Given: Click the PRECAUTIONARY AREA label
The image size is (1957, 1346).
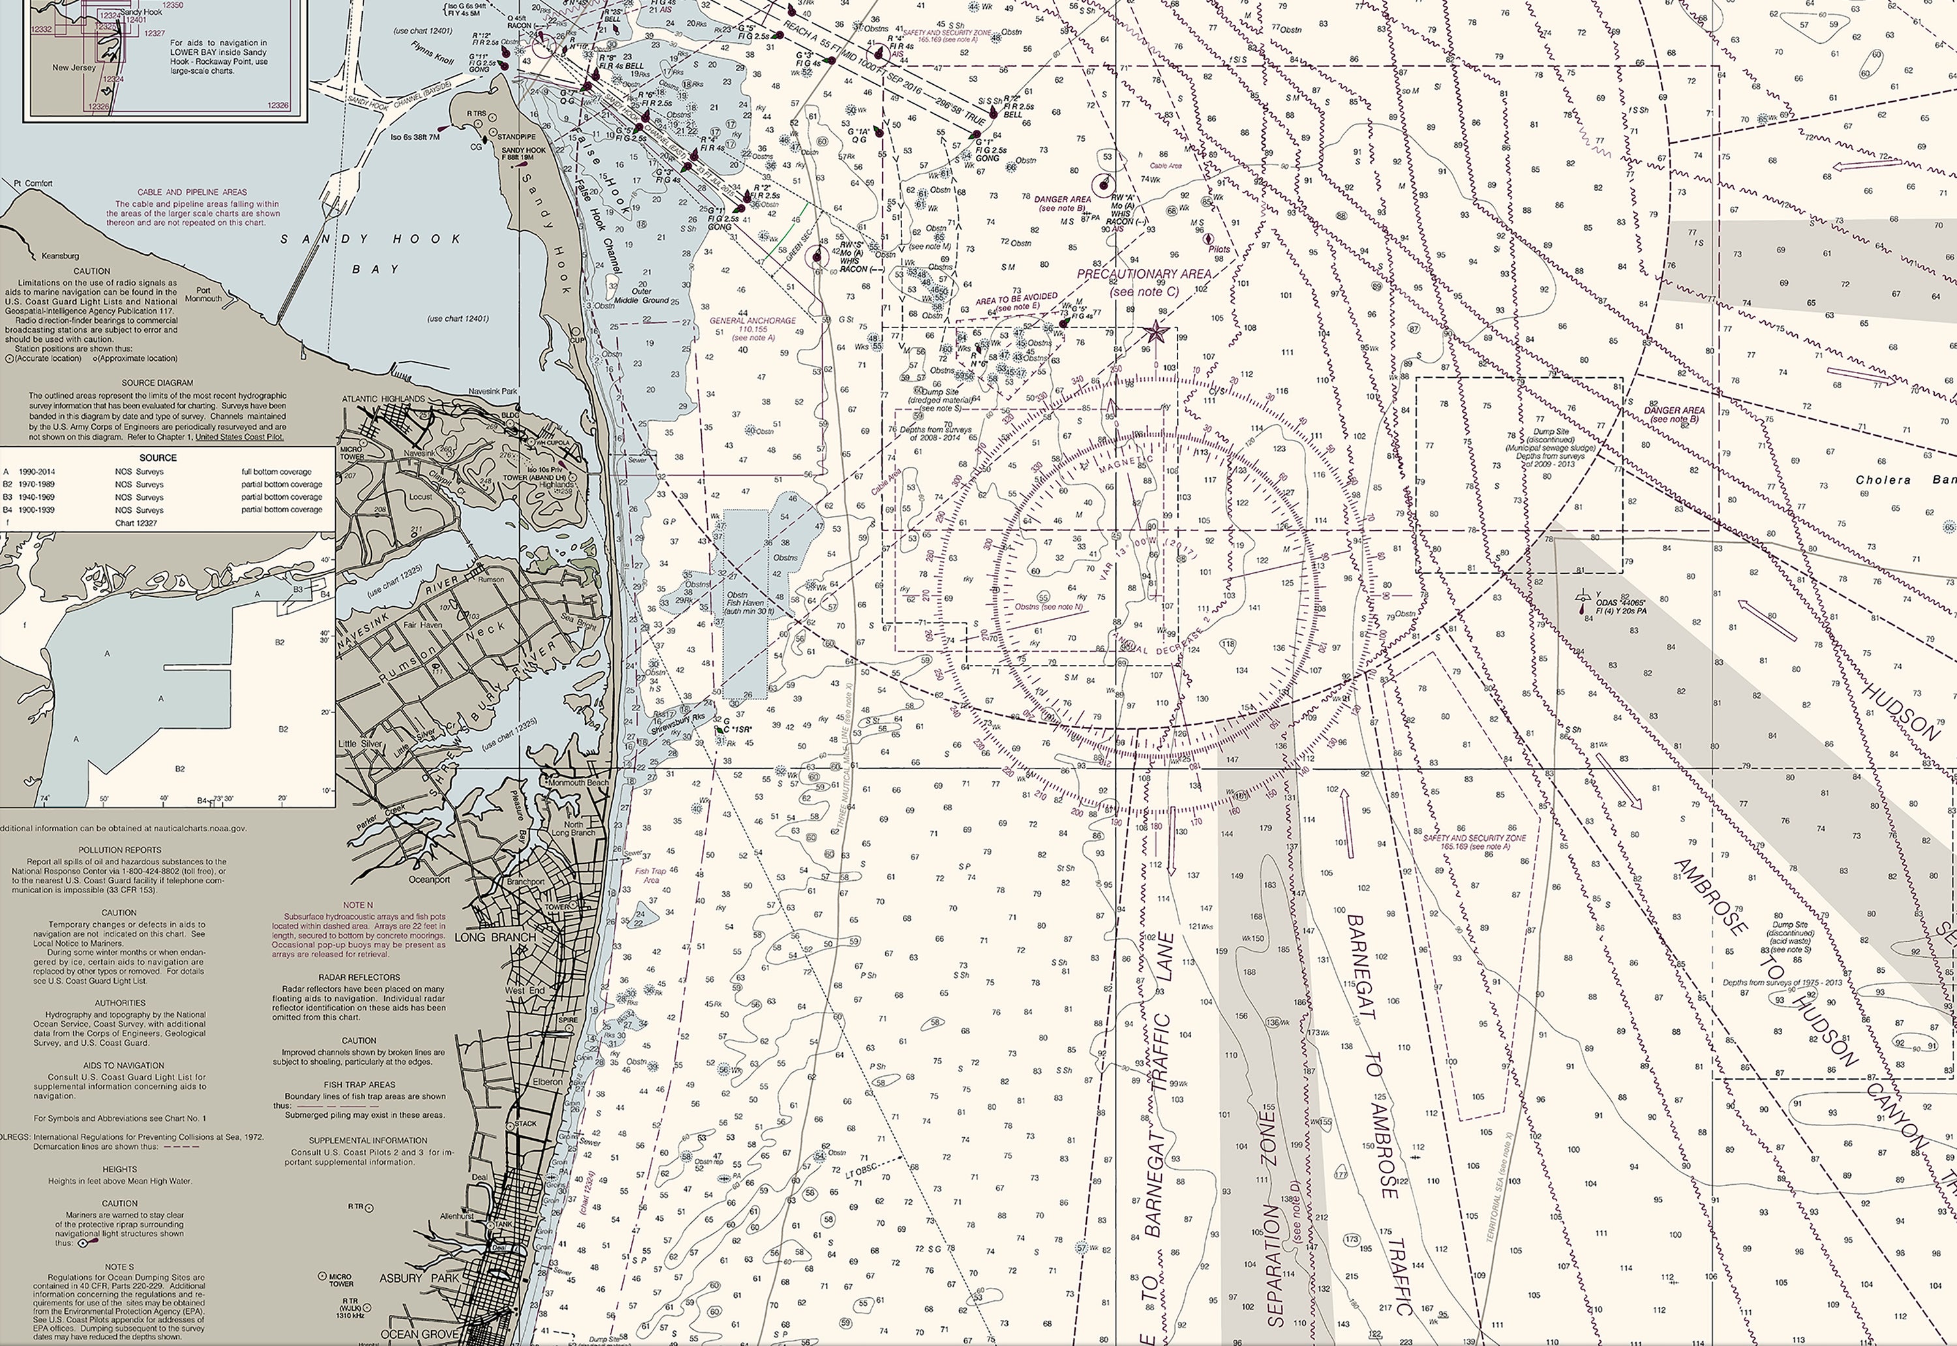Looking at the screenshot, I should [x=1144, y=274].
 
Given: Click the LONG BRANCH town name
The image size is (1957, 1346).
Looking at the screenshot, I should [x=495, y=937].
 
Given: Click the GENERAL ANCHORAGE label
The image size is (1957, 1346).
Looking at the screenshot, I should [x=752, y=320].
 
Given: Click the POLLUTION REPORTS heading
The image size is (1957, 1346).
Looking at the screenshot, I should [x=120, y=850].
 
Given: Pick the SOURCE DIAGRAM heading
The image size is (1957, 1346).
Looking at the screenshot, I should [x=157, y=383].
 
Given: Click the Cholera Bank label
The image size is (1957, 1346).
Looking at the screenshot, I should [x=1905, y=480].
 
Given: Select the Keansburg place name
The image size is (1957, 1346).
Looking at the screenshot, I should [x=60, y=256].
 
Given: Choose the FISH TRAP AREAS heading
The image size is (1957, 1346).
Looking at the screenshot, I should [x=358, y=1084].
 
